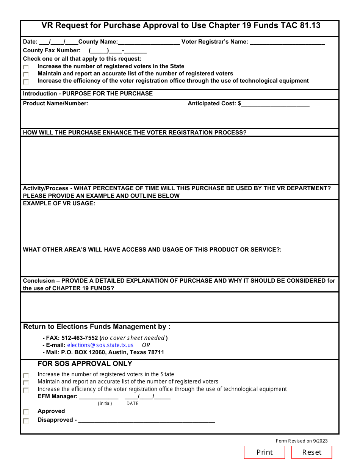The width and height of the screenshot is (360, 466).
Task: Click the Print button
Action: point(264,452)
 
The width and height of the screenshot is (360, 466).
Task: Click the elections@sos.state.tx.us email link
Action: point(100,345)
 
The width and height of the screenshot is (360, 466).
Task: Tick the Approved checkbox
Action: point(26,412)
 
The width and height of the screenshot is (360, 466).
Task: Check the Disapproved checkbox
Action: point(26,421)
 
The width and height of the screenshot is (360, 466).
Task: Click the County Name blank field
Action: point(149,42)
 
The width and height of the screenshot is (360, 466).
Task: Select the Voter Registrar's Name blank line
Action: point(287,42)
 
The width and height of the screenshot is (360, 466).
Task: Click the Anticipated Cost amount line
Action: point(275,104)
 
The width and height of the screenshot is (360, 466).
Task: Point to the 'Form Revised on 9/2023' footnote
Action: point(302,441)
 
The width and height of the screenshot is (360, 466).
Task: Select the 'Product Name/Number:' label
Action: point(56,103)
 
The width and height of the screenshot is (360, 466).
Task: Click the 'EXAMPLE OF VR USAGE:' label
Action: point(59,203)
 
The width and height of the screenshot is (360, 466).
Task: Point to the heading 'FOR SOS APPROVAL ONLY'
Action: point(85,364)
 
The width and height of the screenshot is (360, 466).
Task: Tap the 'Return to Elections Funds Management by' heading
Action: point(97,327)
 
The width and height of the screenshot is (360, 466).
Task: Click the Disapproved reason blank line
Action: point(147,421)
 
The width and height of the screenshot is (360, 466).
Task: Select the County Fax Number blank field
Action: point(118,51)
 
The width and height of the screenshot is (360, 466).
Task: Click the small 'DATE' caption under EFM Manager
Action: point(133,403)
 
